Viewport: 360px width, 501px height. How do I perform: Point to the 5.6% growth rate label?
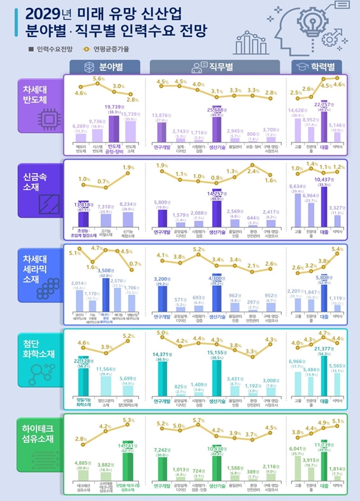(99, 80)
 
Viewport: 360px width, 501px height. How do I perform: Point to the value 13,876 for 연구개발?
(162, 115)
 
